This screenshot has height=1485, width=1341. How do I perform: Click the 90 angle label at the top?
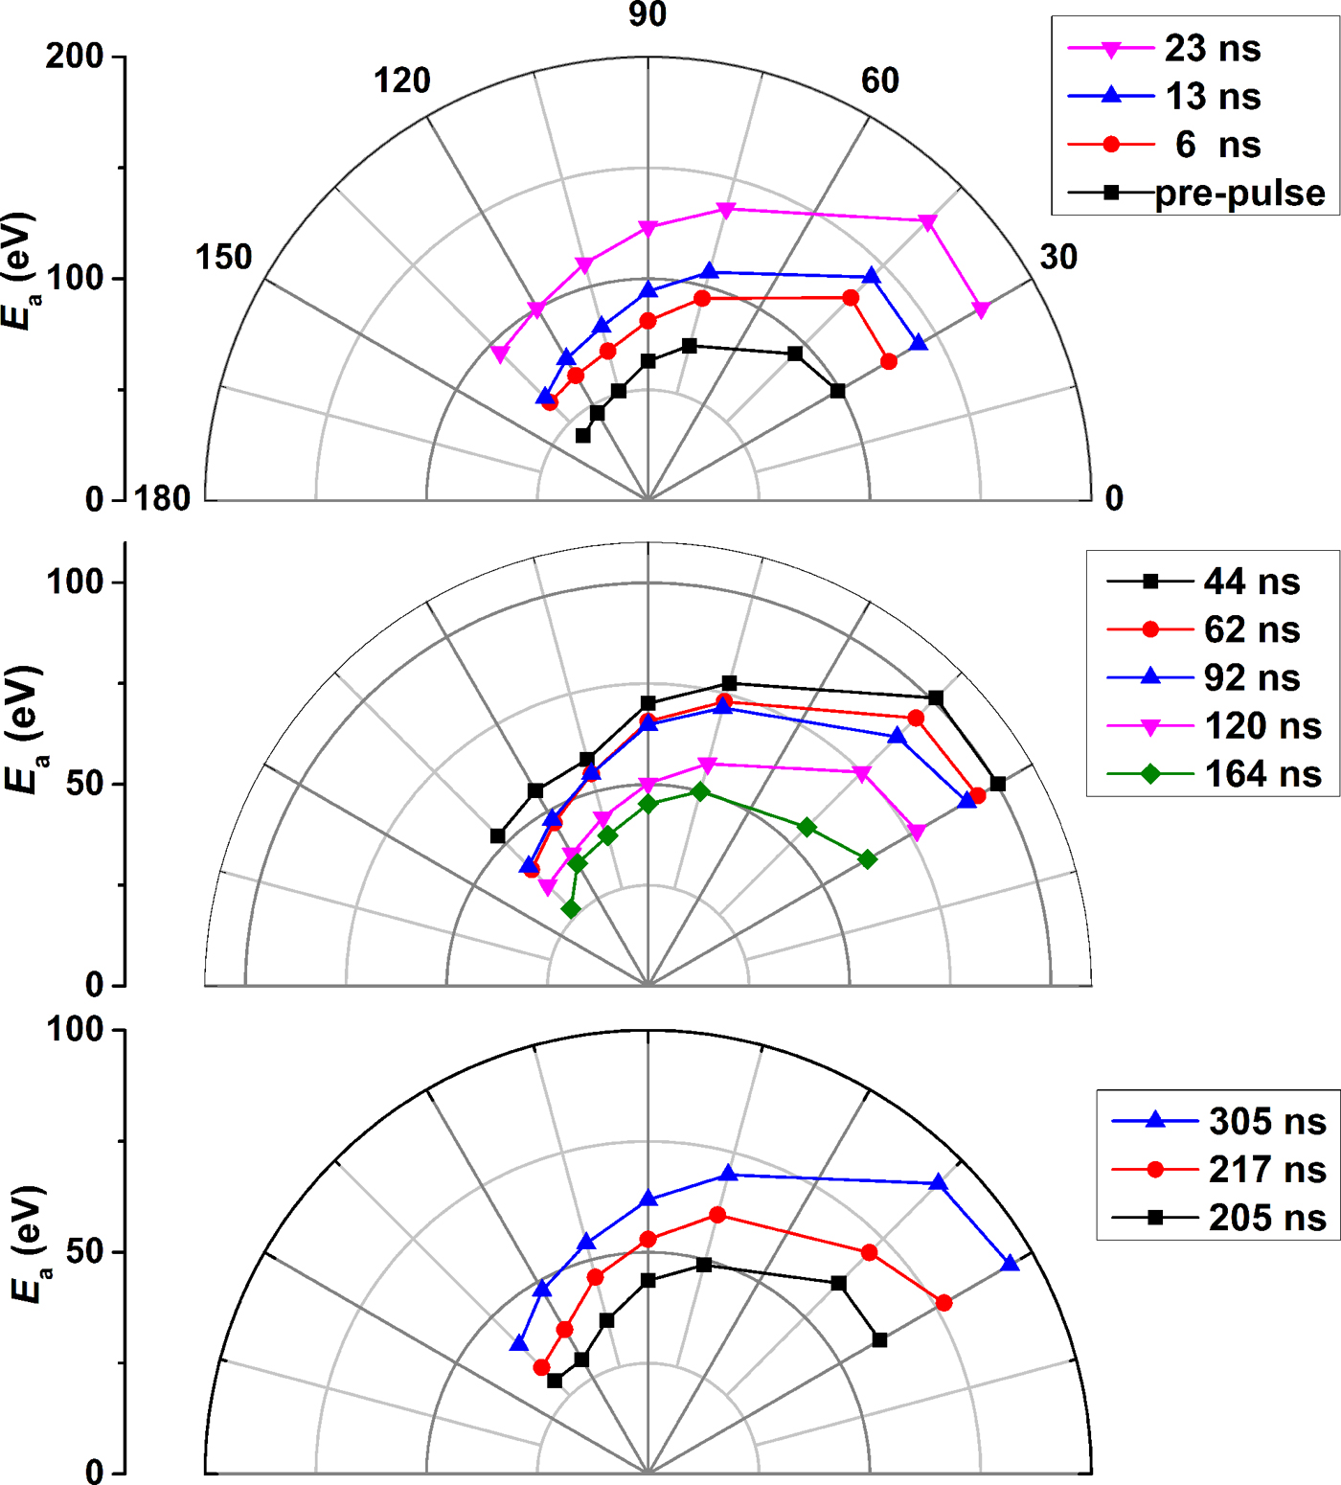tap(648, 14)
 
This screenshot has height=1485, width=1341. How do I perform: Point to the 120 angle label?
tap(401, 80)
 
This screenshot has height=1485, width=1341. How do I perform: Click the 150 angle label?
tap(223, 257)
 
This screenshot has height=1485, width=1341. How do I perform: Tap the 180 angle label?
tap(162, 498)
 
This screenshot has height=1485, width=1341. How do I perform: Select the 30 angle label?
tap(1058, 257)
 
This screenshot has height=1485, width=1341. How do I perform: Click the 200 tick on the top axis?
tap(75, 57)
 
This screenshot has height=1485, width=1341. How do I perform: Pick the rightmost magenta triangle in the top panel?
tap(981, 308)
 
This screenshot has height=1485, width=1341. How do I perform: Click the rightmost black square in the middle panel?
tap(998, 784)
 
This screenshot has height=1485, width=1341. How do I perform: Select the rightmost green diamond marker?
tap(868, 859)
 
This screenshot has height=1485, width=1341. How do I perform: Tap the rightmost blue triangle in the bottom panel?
tap(1011, 1264)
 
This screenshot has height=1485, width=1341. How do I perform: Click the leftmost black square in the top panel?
tap(582, 435)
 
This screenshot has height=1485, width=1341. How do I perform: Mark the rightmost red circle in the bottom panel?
tap(944, 1303)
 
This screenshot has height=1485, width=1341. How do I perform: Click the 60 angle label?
tap(879, 80)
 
